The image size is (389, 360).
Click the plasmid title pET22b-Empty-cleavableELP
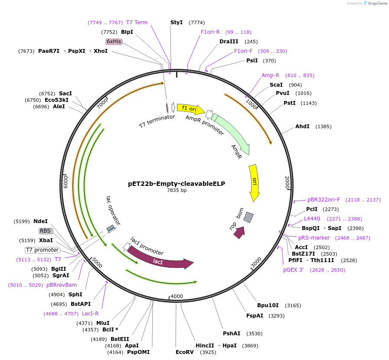click(x=177, y=184)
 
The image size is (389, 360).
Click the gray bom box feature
click(x=248, y=217)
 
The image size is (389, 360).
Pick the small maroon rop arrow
click(x=239, y=233)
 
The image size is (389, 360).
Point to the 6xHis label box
click(x=114, y=42)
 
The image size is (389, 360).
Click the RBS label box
click(x=46, y=231)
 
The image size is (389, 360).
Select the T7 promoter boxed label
click(x=42, y=250)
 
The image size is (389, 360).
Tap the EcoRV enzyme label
click(x=184, y=352)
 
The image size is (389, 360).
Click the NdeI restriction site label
click(x=40, y=221)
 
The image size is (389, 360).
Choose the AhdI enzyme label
click(x=302, y=126)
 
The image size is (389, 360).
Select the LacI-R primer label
click(x=90, y=314)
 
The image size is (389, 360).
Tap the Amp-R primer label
click(x=270, y=75)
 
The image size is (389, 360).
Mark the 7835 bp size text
click(x=177, y=191)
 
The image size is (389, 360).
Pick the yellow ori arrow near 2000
click(x=254, y=183)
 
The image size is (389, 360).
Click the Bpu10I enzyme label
click(x=268, y=305)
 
